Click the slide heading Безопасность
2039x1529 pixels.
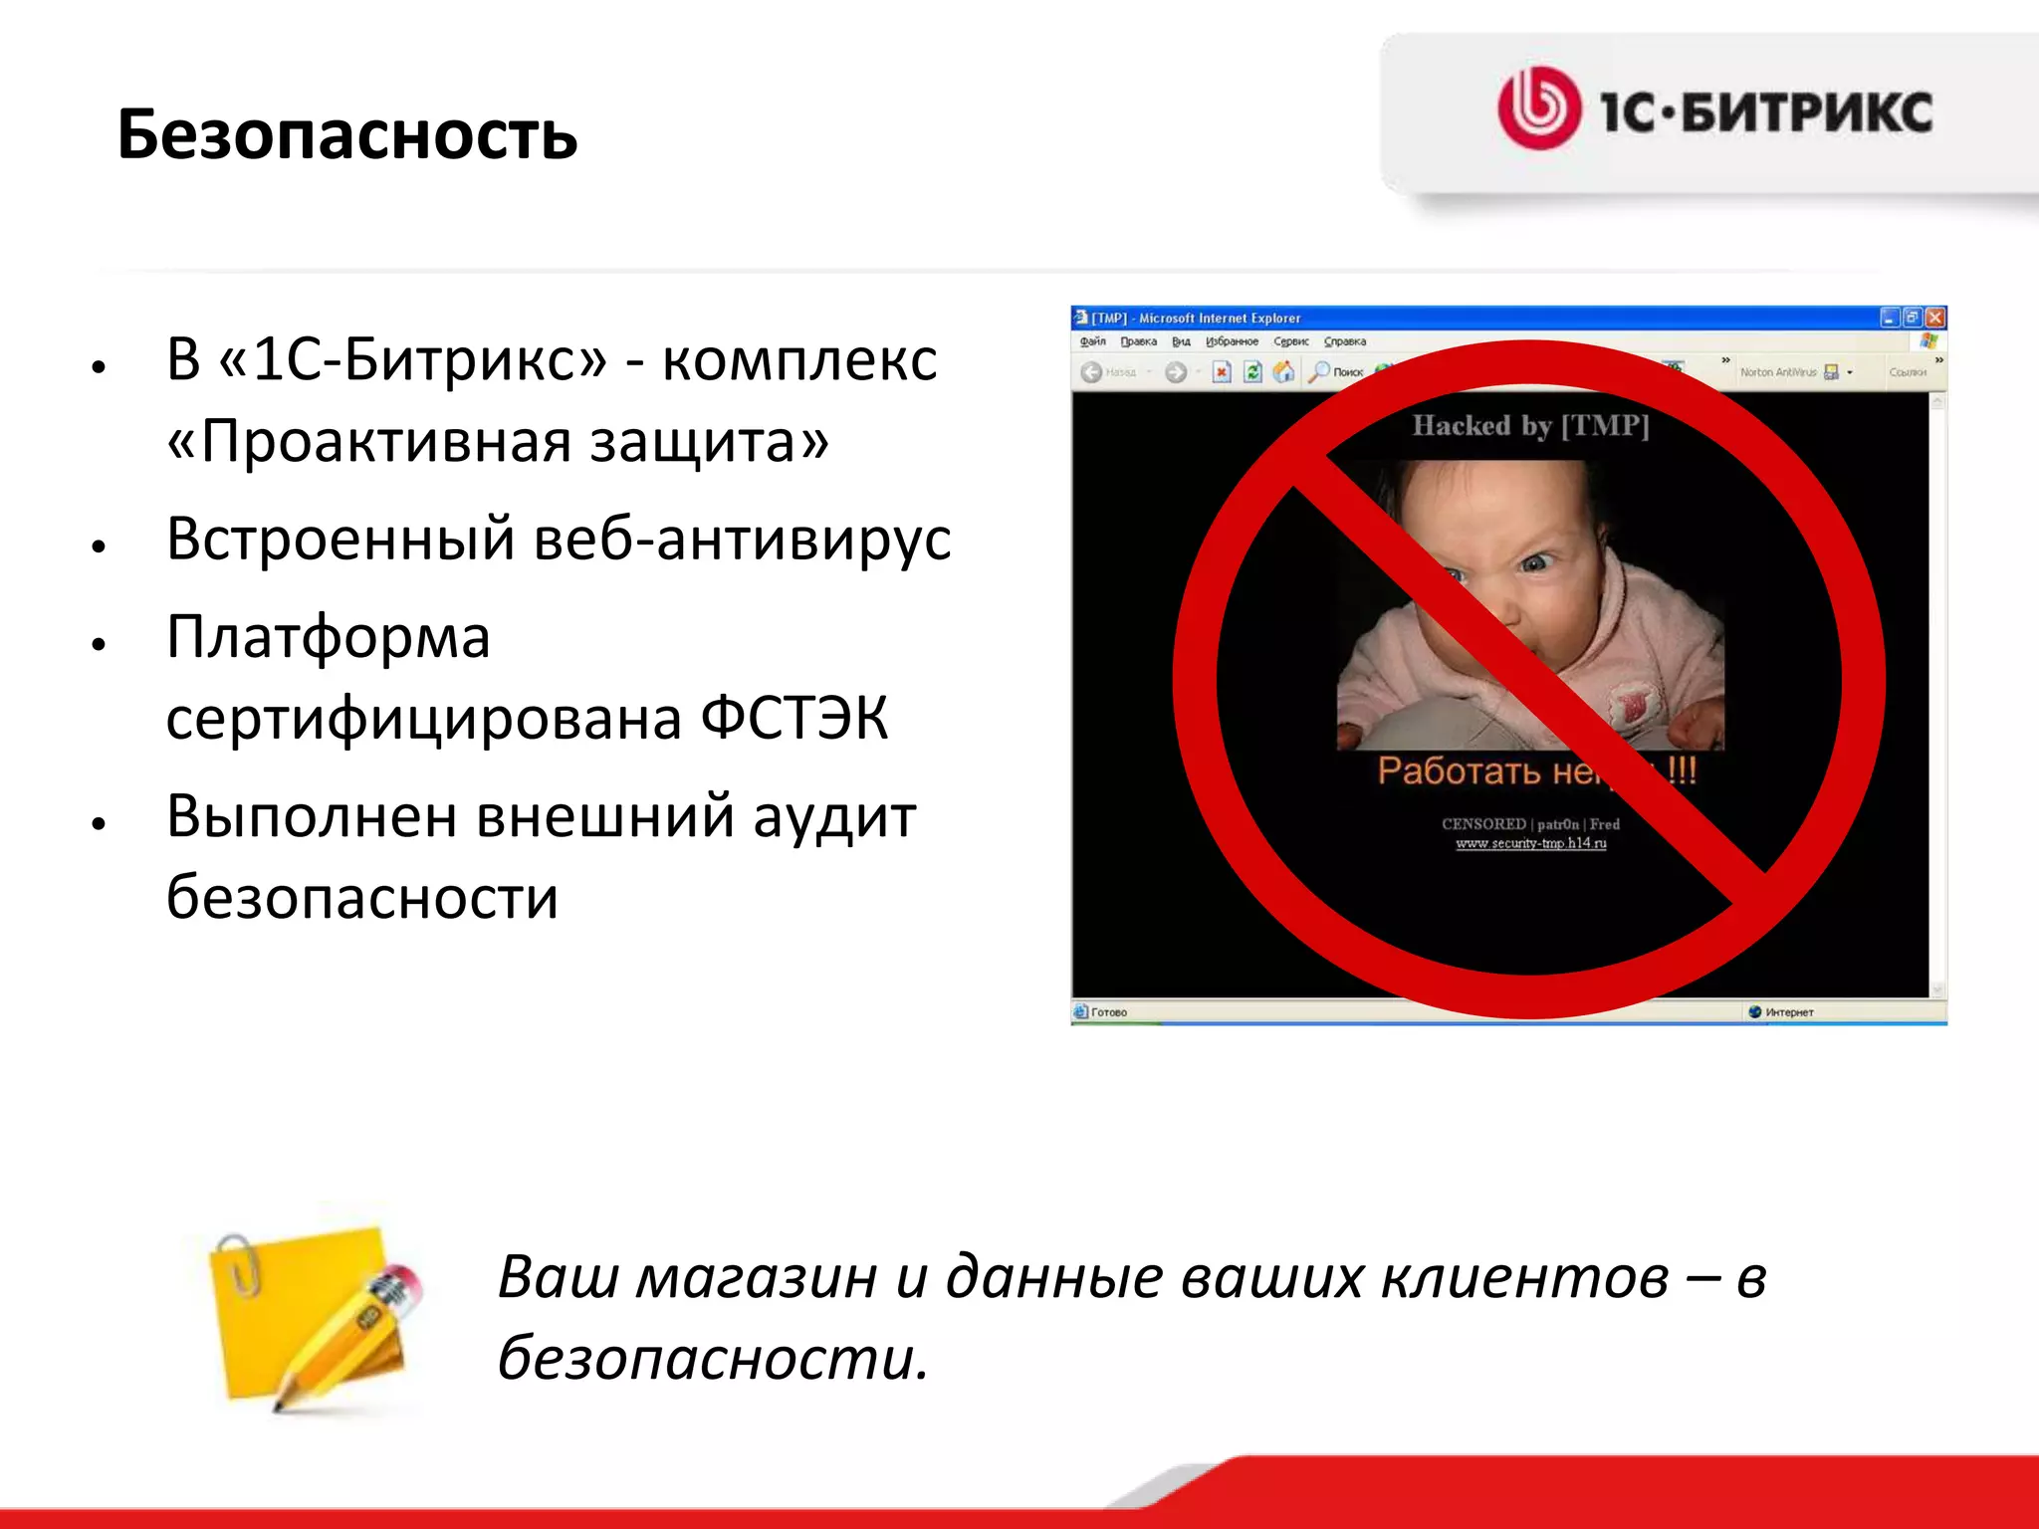click(346, 134)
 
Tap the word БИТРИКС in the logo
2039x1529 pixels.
click(1807, 111)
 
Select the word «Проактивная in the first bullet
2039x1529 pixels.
click(368, 441)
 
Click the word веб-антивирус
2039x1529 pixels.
click(742, 540)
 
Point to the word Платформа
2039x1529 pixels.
click(328, 637)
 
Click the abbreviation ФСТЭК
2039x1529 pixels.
click(793, 718)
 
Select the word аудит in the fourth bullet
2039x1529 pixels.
click(833, 817)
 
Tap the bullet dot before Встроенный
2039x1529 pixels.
click(98, 546)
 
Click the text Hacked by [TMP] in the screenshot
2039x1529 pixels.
click(1530, 426)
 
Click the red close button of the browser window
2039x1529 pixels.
click(1934, 318)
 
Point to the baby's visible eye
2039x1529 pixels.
click(1535, 563)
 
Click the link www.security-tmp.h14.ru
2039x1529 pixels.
click(1530, 843)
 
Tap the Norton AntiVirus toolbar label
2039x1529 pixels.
click(1777, 372)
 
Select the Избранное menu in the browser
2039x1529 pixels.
click(1232, 341)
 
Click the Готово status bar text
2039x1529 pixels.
click(1108, 1012)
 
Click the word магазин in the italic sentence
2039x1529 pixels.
click(756, 1277)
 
